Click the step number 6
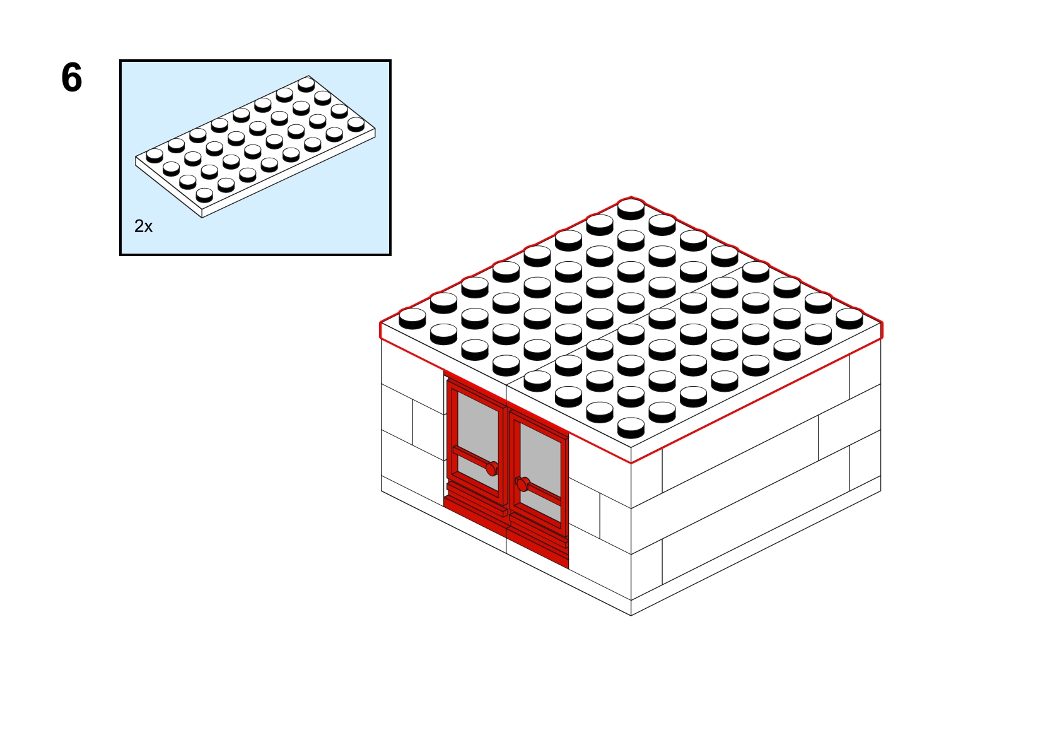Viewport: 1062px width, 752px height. tap(72, 78)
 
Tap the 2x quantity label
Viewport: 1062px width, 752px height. tap(143, 226)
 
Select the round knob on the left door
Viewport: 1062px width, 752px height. tap(492, 469)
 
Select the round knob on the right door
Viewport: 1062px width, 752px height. tap(522, 484)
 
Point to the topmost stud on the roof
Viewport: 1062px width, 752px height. tap(631, 209)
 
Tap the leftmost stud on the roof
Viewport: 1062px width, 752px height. tap(412, 319)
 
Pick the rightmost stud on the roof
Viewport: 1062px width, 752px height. tap(849, 319)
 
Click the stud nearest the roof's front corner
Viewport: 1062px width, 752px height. tap(631, 428)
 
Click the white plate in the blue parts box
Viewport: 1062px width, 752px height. tap(255, 146)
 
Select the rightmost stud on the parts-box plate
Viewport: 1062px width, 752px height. tap(356, 124)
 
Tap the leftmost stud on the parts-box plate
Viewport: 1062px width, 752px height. tap(155, 156)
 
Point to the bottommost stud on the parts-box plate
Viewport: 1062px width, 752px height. tap(204, 195)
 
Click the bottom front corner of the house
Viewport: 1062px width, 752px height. tap(631, 616)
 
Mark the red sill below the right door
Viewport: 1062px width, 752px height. tap(538, 541)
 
